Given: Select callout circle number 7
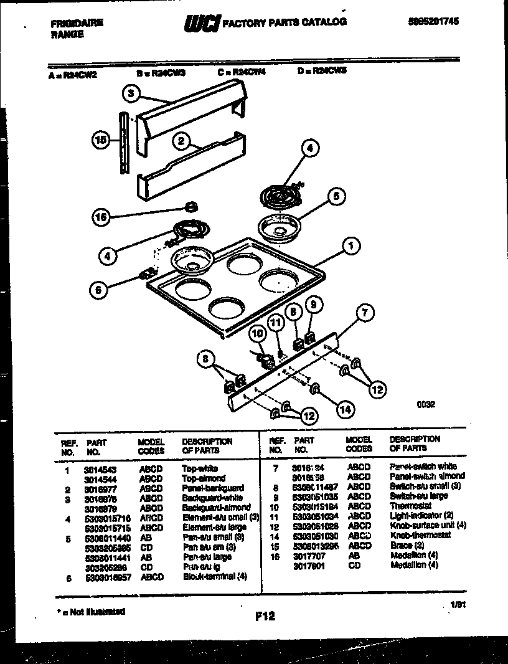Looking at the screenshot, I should click(x=365, y=313).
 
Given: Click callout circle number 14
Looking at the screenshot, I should click(x=344, y=409).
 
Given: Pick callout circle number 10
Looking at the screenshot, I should click(x=256, y=334).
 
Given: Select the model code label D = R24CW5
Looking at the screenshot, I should click(x=322, y=72).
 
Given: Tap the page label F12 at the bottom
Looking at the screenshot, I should click(x=265, y=617).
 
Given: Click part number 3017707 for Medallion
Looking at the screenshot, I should click(x=308, y=555).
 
